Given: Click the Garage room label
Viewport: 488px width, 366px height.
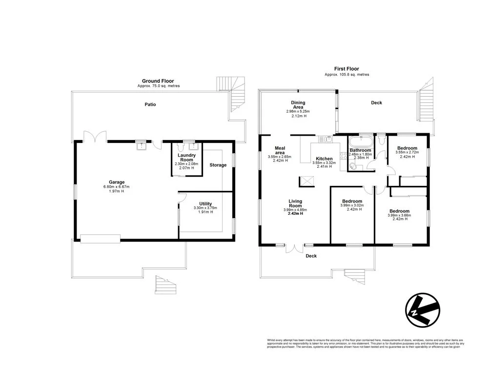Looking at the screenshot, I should coord(116,182).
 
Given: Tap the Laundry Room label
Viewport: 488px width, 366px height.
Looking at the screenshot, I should coord(186,158).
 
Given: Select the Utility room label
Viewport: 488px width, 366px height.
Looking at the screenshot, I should coord(205,203).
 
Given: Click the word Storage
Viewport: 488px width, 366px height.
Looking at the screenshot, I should coord(218,165).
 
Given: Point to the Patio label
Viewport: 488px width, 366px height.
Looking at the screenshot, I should coord(150,104).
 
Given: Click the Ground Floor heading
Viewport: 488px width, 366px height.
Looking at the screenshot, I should coord(158,81).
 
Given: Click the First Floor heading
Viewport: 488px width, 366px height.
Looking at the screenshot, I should coord(346,69).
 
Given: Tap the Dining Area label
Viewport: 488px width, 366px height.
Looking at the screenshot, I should coord(298,105).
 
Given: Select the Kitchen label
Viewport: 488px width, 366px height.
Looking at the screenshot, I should coord(324,159).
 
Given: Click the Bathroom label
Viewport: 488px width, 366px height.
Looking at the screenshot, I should coord(360,150).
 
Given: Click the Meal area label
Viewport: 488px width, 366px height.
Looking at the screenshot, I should coord(280,150).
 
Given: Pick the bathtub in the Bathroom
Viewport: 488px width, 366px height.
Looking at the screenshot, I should coord(360,142).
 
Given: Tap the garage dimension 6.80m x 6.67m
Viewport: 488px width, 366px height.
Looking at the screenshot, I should coord(116,187).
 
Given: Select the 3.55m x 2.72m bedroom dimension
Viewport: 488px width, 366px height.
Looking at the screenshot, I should coord(407,152).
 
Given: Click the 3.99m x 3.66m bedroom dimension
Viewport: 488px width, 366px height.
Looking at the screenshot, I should coord(400,215).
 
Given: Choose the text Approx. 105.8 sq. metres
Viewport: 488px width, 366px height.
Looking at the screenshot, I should coord(346,75).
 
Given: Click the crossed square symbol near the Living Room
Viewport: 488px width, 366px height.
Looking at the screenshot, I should coord(305,182).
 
